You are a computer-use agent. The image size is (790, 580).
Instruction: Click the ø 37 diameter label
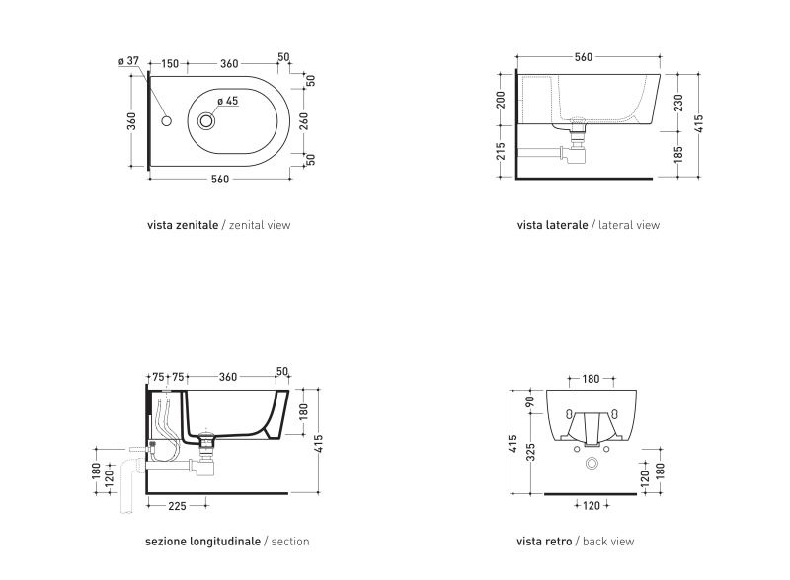click(x=128, y=61)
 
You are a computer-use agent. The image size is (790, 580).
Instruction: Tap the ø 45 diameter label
click(x=228, y=101)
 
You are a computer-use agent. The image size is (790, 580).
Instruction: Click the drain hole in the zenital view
click(x=206, y=120)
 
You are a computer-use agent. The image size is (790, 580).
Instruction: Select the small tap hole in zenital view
click(x=166, y=120)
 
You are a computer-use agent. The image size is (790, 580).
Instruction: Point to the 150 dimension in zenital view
click(x=170, y=64)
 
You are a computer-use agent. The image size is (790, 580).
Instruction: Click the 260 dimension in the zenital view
click(x=304, y=121)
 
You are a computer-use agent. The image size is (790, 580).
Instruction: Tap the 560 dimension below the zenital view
click(x=219, y=179)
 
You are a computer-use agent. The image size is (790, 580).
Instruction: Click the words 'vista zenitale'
click(x=183, y=225)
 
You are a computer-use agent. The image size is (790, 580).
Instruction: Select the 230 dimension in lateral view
click(x=678, y=103)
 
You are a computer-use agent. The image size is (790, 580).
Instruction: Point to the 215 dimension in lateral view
click(x=501, y=151)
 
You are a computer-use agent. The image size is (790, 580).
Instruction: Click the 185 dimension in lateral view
click(x=678, y=154)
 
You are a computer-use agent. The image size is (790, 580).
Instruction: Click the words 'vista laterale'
click(x=552, y=225)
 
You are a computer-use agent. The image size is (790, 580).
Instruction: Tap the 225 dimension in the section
click(x=177, y=506)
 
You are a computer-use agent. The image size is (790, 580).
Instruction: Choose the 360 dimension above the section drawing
click(x=228, y=377)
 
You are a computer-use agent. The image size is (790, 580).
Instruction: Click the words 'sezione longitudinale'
click(x=202, y=542)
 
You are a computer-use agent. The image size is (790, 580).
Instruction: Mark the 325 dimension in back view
click(x=530, y=452)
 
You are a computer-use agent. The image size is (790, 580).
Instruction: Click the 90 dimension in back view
click(x=529, y=402)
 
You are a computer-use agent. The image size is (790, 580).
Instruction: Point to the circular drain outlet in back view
click(x=592, y=464)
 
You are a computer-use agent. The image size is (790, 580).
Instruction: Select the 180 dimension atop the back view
click(x=591, y=379)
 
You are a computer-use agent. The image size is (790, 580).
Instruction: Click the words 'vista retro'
click(x=544, y=542)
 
